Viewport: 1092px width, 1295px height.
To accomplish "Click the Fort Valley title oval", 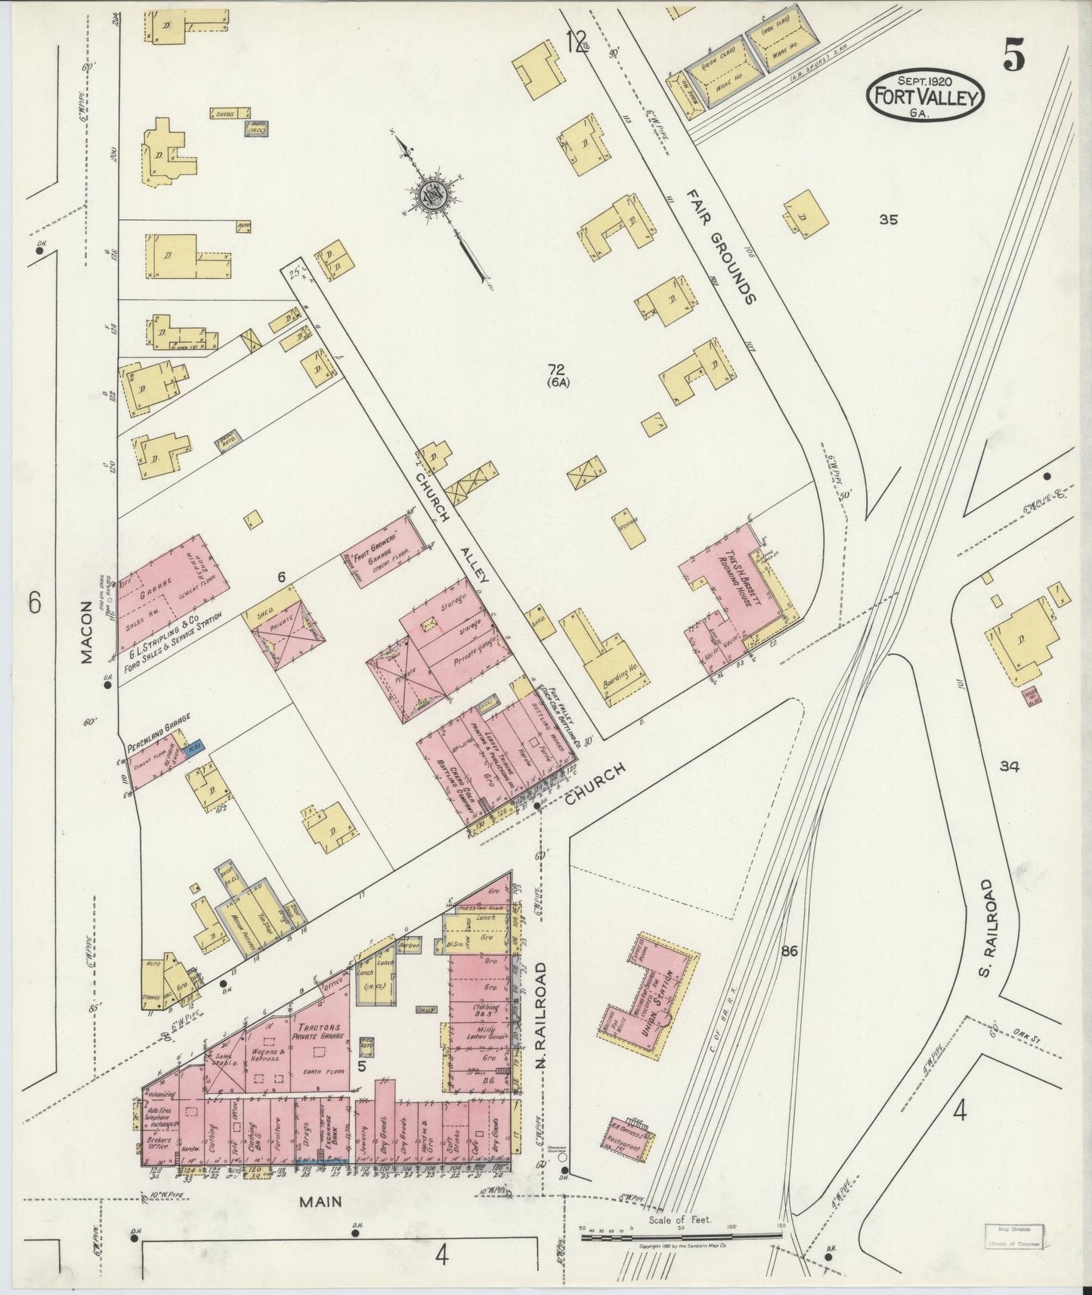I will click(x=926, y=94).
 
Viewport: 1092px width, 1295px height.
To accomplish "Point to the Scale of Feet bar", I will click(x=680, y=1234).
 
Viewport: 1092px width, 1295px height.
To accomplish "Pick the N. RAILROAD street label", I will click(x=541, y=1009).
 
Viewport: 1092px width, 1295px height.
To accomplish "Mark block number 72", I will click(x=558, y=369).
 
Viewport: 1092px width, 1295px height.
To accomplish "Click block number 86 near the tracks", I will click(x=790, y=951).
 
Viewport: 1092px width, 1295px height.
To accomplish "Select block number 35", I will click(x=888, y=220).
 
